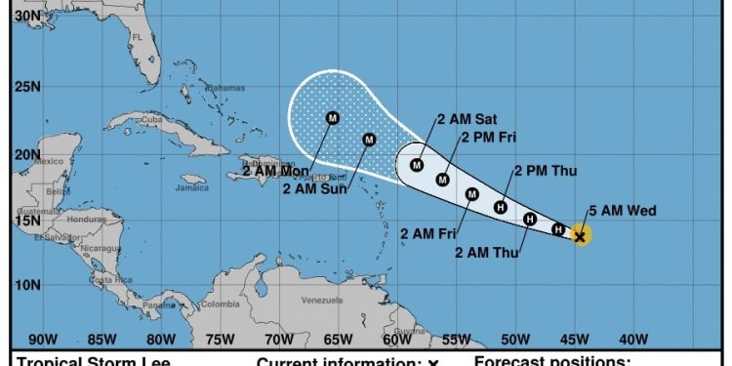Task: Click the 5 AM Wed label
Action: tap(623, 211)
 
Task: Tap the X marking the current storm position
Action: tap(581, 236)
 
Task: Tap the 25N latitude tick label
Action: tap(26, 88)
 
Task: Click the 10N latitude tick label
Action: tap(26, 285)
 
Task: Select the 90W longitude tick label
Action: tap(42, 340)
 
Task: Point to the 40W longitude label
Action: tap(633, 340)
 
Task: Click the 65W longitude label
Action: tap(338, 340)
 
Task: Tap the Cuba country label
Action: tap(149, 120)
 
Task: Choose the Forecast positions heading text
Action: tap(553, 362)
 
